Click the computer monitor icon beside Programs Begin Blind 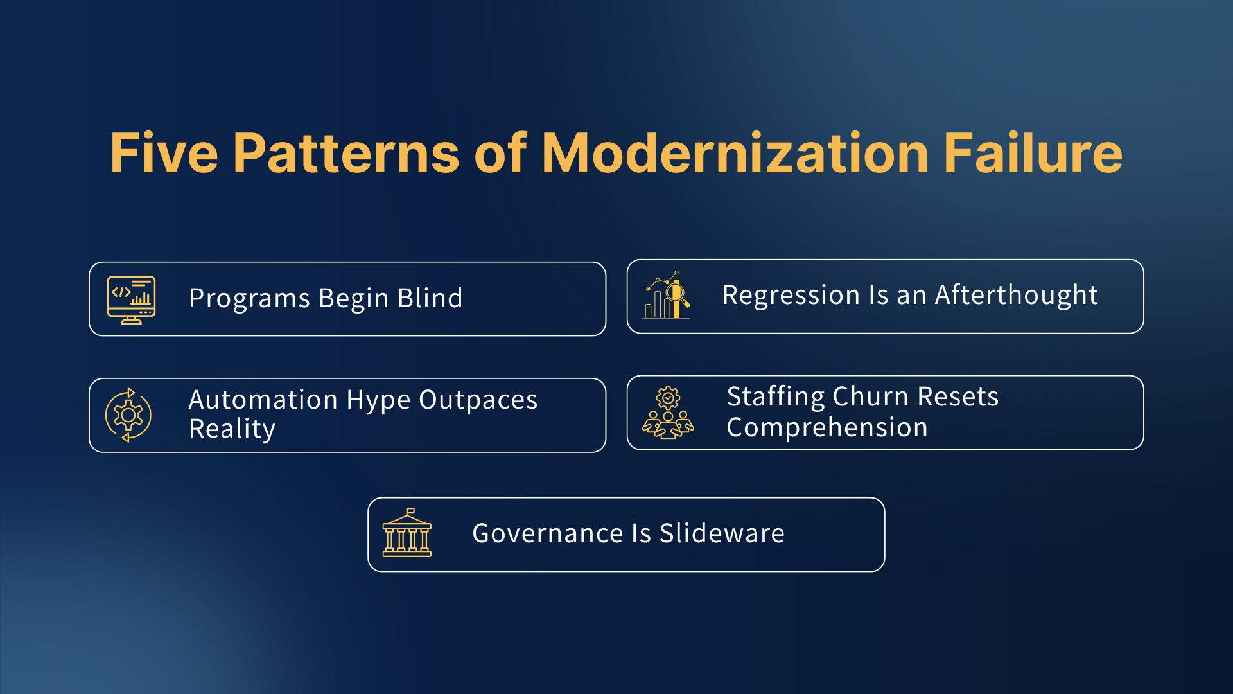coord(132,299)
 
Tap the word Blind coord(430,298)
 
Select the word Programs coord(249,298)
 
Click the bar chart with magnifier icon coord(667,296)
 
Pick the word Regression coord(791,295)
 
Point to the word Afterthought coord(1016,295)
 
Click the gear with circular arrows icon coord(128,415)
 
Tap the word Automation coord(263,400)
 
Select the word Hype coord(378,400)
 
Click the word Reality coord(232,429)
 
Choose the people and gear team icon coord(668,413)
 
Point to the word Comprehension coord(827,427)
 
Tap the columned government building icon coord(407,533)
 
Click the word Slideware coord(722,533)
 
